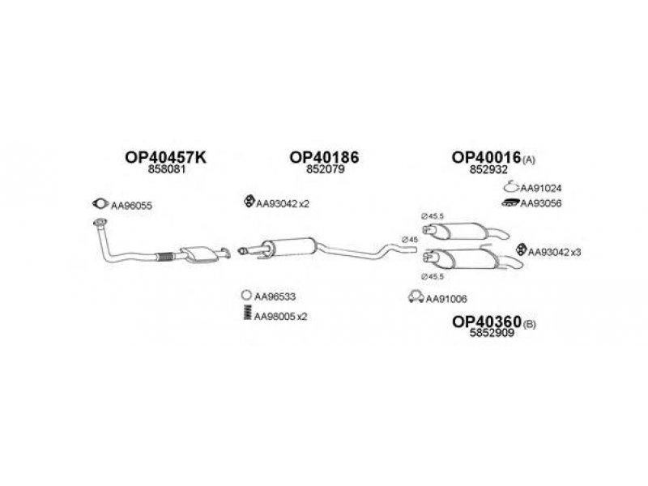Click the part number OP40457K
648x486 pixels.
(165, 157)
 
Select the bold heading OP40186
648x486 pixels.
(324, 157)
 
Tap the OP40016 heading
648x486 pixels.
(485, 157)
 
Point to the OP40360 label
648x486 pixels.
(487, 322)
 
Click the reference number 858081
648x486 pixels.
(167, 169)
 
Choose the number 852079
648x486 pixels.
(326, 169)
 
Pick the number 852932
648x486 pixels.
(488, 169)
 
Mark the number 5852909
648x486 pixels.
(492, 333)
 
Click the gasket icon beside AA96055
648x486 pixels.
(100, 203)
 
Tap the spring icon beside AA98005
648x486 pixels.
(247, 312)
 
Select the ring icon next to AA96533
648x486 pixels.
(246, 295)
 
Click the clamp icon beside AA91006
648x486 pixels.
(416, 296)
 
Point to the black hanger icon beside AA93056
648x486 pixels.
(510, 202)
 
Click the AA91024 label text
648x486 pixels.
(540, 189)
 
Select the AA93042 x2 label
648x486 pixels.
(282, 203)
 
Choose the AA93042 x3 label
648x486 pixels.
(554, 252)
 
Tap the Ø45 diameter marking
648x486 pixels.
(410, 239)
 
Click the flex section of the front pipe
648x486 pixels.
(165, 256)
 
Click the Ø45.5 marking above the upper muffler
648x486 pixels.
(432, 215)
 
